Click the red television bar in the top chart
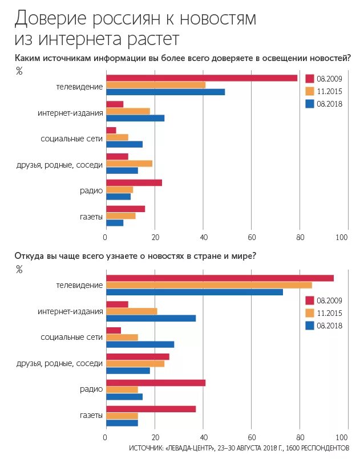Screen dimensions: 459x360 coord(201,78)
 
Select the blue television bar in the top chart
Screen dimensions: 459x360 coord(165,92)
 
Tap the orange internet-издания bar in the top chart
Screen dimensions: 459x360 coord(128,111)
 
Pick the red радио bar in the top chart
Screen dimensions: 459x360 coord(134,183)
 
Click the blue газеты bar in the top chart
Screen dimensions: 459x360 coord(115,222)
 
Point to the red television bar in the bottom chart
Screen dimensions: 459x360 coord(220,278)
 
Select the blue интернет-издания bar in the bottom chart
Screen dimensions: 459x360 coord(151,318)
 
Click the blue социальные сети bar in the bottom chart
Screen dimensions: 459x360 coord(140,344)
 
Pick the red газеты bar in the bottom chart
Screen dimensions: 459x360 coord(151,409)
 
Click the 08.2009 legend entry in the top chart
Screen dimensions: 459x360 coord(323,78)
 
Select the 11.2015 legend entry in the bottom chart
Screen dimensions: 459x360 coord(323,313)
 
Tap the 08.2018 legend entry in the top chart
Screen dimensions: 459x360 coord(323,104)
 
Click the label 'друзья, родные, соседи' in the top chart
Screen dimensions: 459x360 coord(67,165)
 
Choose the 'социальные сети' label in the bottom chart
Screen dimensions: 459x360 coord(72,338)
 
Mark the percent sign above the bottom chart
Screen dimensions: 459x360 coord(19,270)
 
